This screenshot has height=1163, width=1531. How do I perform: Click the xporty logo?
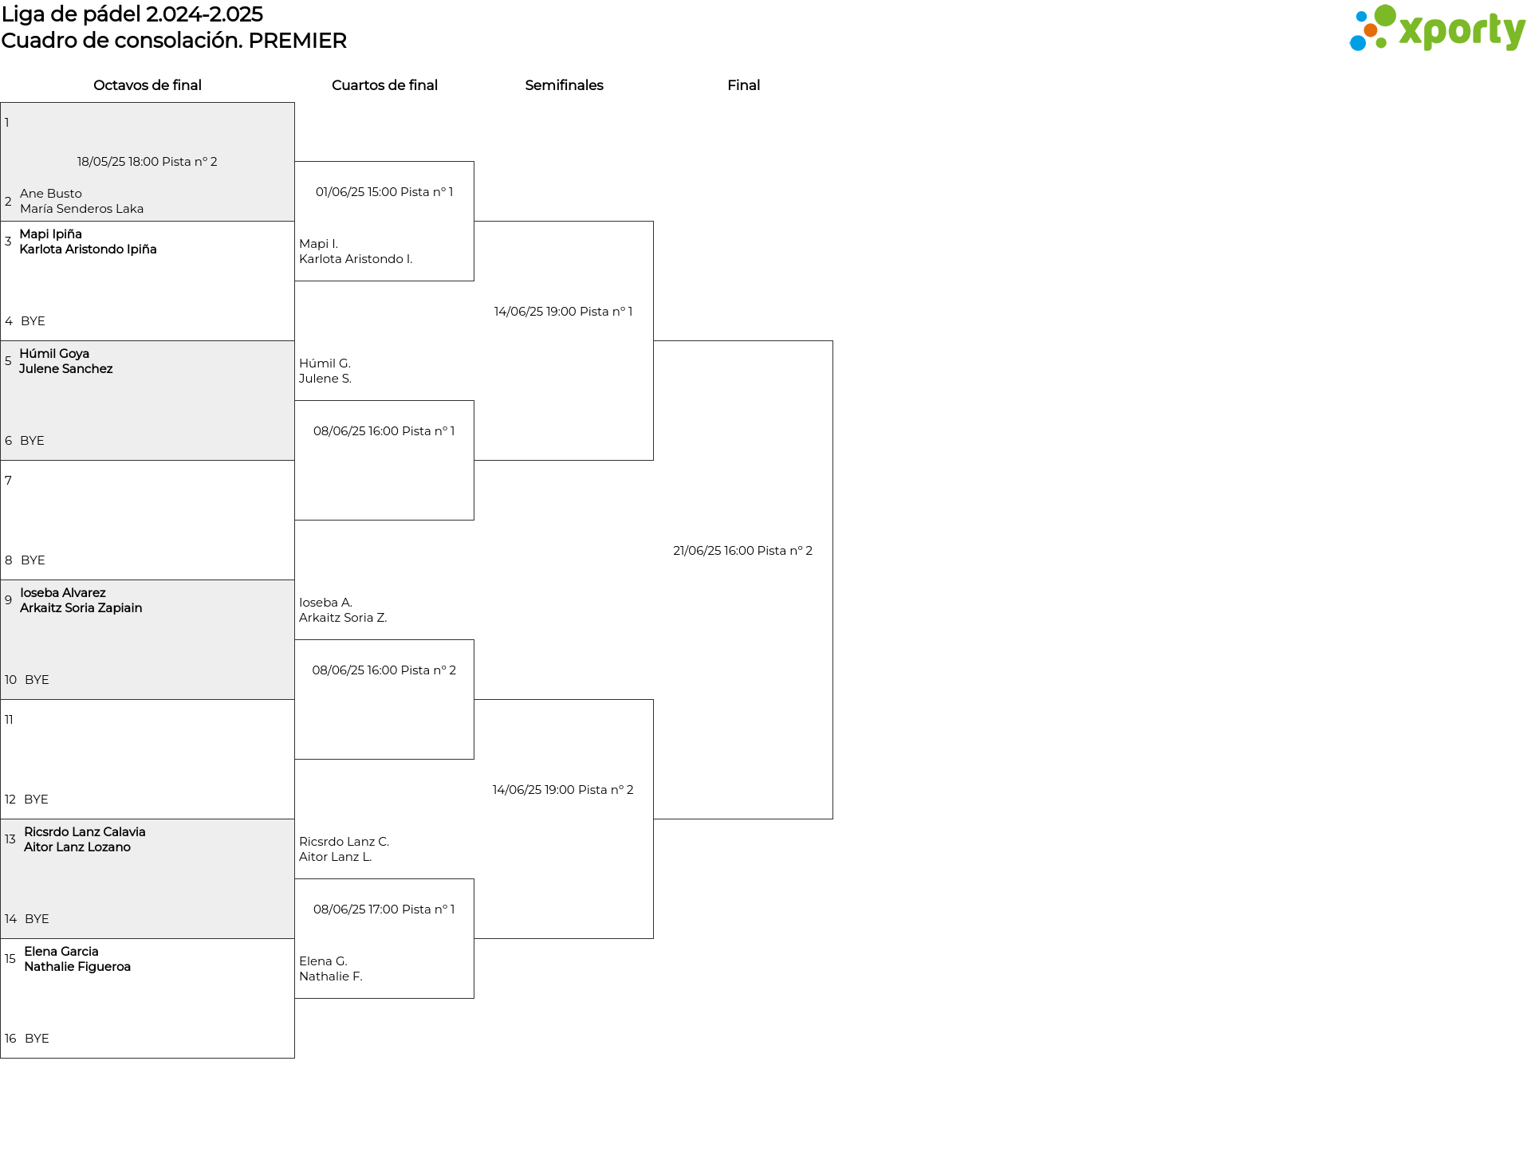pyautogui.click(x=1437, y=29)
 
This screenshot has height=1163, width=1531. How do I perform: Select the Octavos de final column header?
pyautogui.click(x=148, y=85)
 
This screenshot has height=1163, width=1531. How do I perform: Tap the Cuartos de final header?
pyautogui.click(x=384, y=85)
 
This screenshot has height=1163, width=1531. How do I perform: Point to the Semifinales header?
pyautogui.click(x=564, y=85)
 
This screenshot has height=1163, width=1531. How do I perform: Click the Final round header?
pyautogui.click(x=743, y=85)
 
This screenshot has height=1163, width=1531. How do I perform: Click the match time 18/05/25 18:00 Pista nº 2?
pyautogui.click(x=148, y=162)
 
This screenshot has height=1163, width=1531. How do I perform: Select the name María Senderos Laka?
pyautogui.click(x=82, y=209)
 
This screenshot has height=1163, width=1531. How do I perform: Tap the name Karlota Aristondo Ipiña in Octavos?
pyautogui.click(x=88, y=249)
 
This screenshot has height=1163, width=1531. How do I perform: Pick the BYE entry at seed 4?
pyautogui.click(x=33, y=321)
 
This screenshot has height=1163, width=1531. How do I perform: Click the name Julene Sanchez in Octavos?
pyautogui.click(x=66, y=369)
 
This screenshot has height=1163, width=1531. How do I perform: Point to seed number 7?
pyautogui.click(x=8, y=481)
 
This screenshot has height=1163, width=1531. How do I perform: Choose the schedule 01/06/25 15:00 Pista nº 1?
pyautogui.click(x=384, y=192)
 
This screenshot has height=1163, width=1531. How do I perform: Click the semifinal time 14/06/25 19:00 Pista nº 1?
pyautogui.click(x=563, y=312)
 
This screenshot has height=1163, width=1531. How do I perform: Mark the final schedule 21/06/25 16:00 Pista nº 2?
pyautogui.click(x=742, y=551)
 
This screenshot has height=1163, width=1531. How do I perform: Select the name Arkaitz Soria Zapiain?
pyautogui.click(x=81, y=608)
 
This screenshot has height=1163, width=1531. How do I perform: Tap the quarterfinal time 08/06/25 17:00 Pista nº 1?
pyautogui.click(x=384, y=910)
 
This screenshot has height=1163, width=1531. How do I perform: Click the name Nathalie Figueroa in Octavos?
pyautogui.click(x=77, y=967)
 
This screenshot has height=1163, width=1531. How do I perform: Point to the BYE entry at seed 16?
pyautogui.click(x=37, y=1039)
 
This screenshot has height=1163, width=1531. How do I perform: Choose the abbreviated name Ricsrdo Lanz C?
pyautogui.click(x=344, y=842)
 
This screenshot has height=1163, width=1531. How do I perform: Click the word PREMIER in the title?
pyautogui.click(x=297, y=41)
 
